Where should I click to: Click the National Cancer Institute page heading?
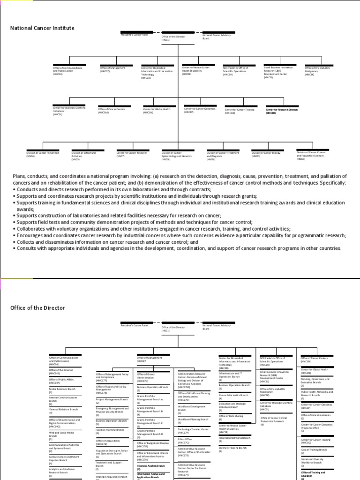coord(42,28)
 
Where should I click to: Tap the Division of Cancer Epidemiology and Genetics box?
coord(177,155)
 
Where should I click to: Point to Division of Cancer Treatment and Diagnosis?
coord(223,154)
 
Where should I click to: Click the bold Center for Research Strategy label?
coord(282,111)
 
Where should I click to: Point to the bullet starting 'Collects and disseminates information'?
coord(105,242)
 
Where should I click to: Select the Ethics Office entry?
coord(185,439)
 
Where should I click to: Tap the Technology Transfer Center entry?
coord(193,429)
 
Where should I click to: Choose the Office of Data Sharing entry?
coord(231,416)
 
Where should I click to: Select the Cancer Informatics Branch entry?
coord(234,395)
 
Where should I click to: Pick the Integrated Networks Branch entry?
coord(234,438)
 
